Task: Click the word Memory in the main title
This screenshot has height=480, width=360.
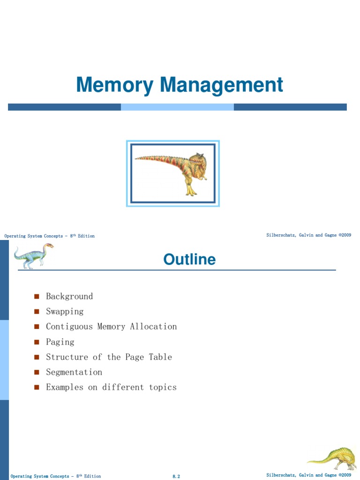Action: point(114,86)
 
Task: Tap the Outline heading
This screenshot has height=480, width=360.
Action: point(189,259)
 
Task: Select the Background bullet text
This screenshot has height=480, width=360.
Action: point(69,296)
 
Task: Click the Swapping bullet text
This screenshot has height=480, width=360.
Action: point(65,311)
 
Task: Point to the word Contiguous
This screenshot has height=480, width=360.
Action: point(69,327)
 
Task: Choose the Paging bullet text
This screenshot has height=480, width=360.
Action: point(60,342)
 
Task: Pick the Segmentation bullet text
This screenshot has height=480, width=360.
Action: point(74,372)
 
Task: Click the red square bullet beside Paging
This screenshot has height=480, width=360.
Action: point(37,342)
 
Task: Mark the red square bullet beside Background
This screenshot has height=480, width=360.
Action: point(37,297)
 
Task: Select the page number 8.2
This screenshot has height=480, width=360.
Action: point(176,476)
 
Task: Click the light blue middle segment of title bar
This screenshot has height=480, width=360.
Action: point(177,107)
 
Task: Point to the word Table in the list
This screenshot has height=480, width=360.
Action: point(160,357)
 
